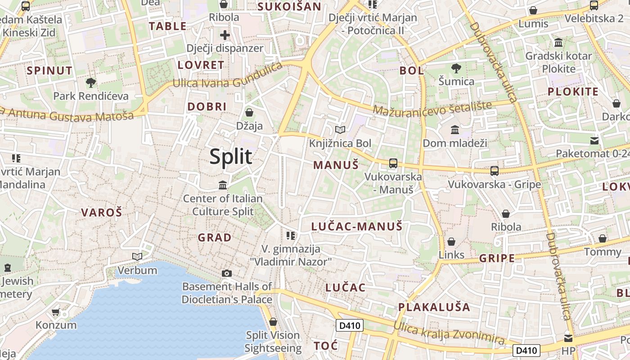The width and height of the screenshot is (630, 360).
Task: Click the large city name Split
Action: pos(231,157)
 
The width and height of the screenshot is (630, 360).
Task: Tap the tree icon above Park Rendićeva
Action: pos(91,82)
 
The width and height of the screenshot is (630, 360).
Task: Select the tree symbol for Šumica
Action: pos(456,68)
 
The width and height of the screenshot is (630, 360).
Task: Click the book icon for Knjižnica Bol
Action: pos(340,130)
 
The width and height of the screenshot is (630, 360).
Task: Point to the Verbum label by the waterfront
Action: pos(137,270)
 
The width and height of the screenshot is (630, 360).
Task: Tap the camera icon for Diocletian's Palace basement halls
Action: pos(227,273)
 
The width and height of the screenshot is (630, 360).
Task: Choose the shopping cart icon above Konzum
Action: pos(56,312)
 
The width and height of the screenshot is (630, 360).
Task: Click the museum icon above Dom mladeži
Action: pos(454,130)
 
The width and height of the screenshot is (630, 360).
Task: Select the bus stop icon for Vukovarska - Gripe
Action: pos(494,171)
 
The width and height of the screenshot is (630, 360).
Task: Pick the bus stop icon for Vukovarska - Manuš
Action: pos(393,163)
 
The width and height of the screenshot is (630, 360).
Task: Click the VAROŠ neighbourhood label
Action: pos(101,213)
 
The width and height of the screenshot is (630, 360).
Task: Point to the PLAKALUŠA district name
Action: pos(434,307)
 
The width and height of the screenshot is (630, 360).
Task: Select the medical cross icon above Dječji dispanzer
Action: pos(225,35)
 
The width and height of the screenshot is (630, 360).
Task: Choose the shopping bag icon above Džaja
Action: pos(249,112)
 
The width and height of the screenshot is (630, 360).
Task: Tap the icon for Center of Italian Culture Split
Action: pos(222,185)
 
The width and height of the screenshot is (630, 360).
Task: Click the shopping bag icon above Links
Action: pos(451,242)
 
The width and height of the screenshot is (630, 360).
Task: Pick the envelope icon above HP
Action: pos(568,337)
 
